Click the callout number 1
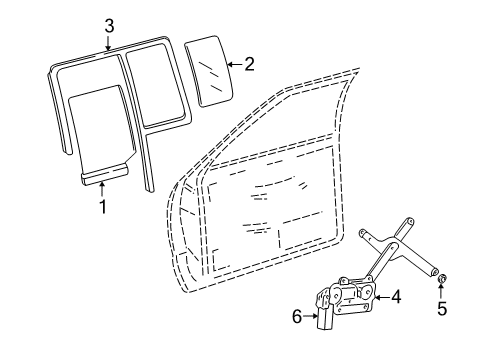(101, 208)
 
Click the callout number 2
(249, 65)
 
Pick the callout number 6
(297, 317)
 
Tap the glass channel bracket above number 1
(103, 176)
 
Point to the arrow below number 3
(109, 42)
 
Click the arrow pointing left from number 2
(233, 65)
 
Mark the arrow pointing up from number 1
(101, 191)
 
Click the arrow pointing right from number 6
(311, 317)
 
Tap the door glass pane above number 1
(101, 125)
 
